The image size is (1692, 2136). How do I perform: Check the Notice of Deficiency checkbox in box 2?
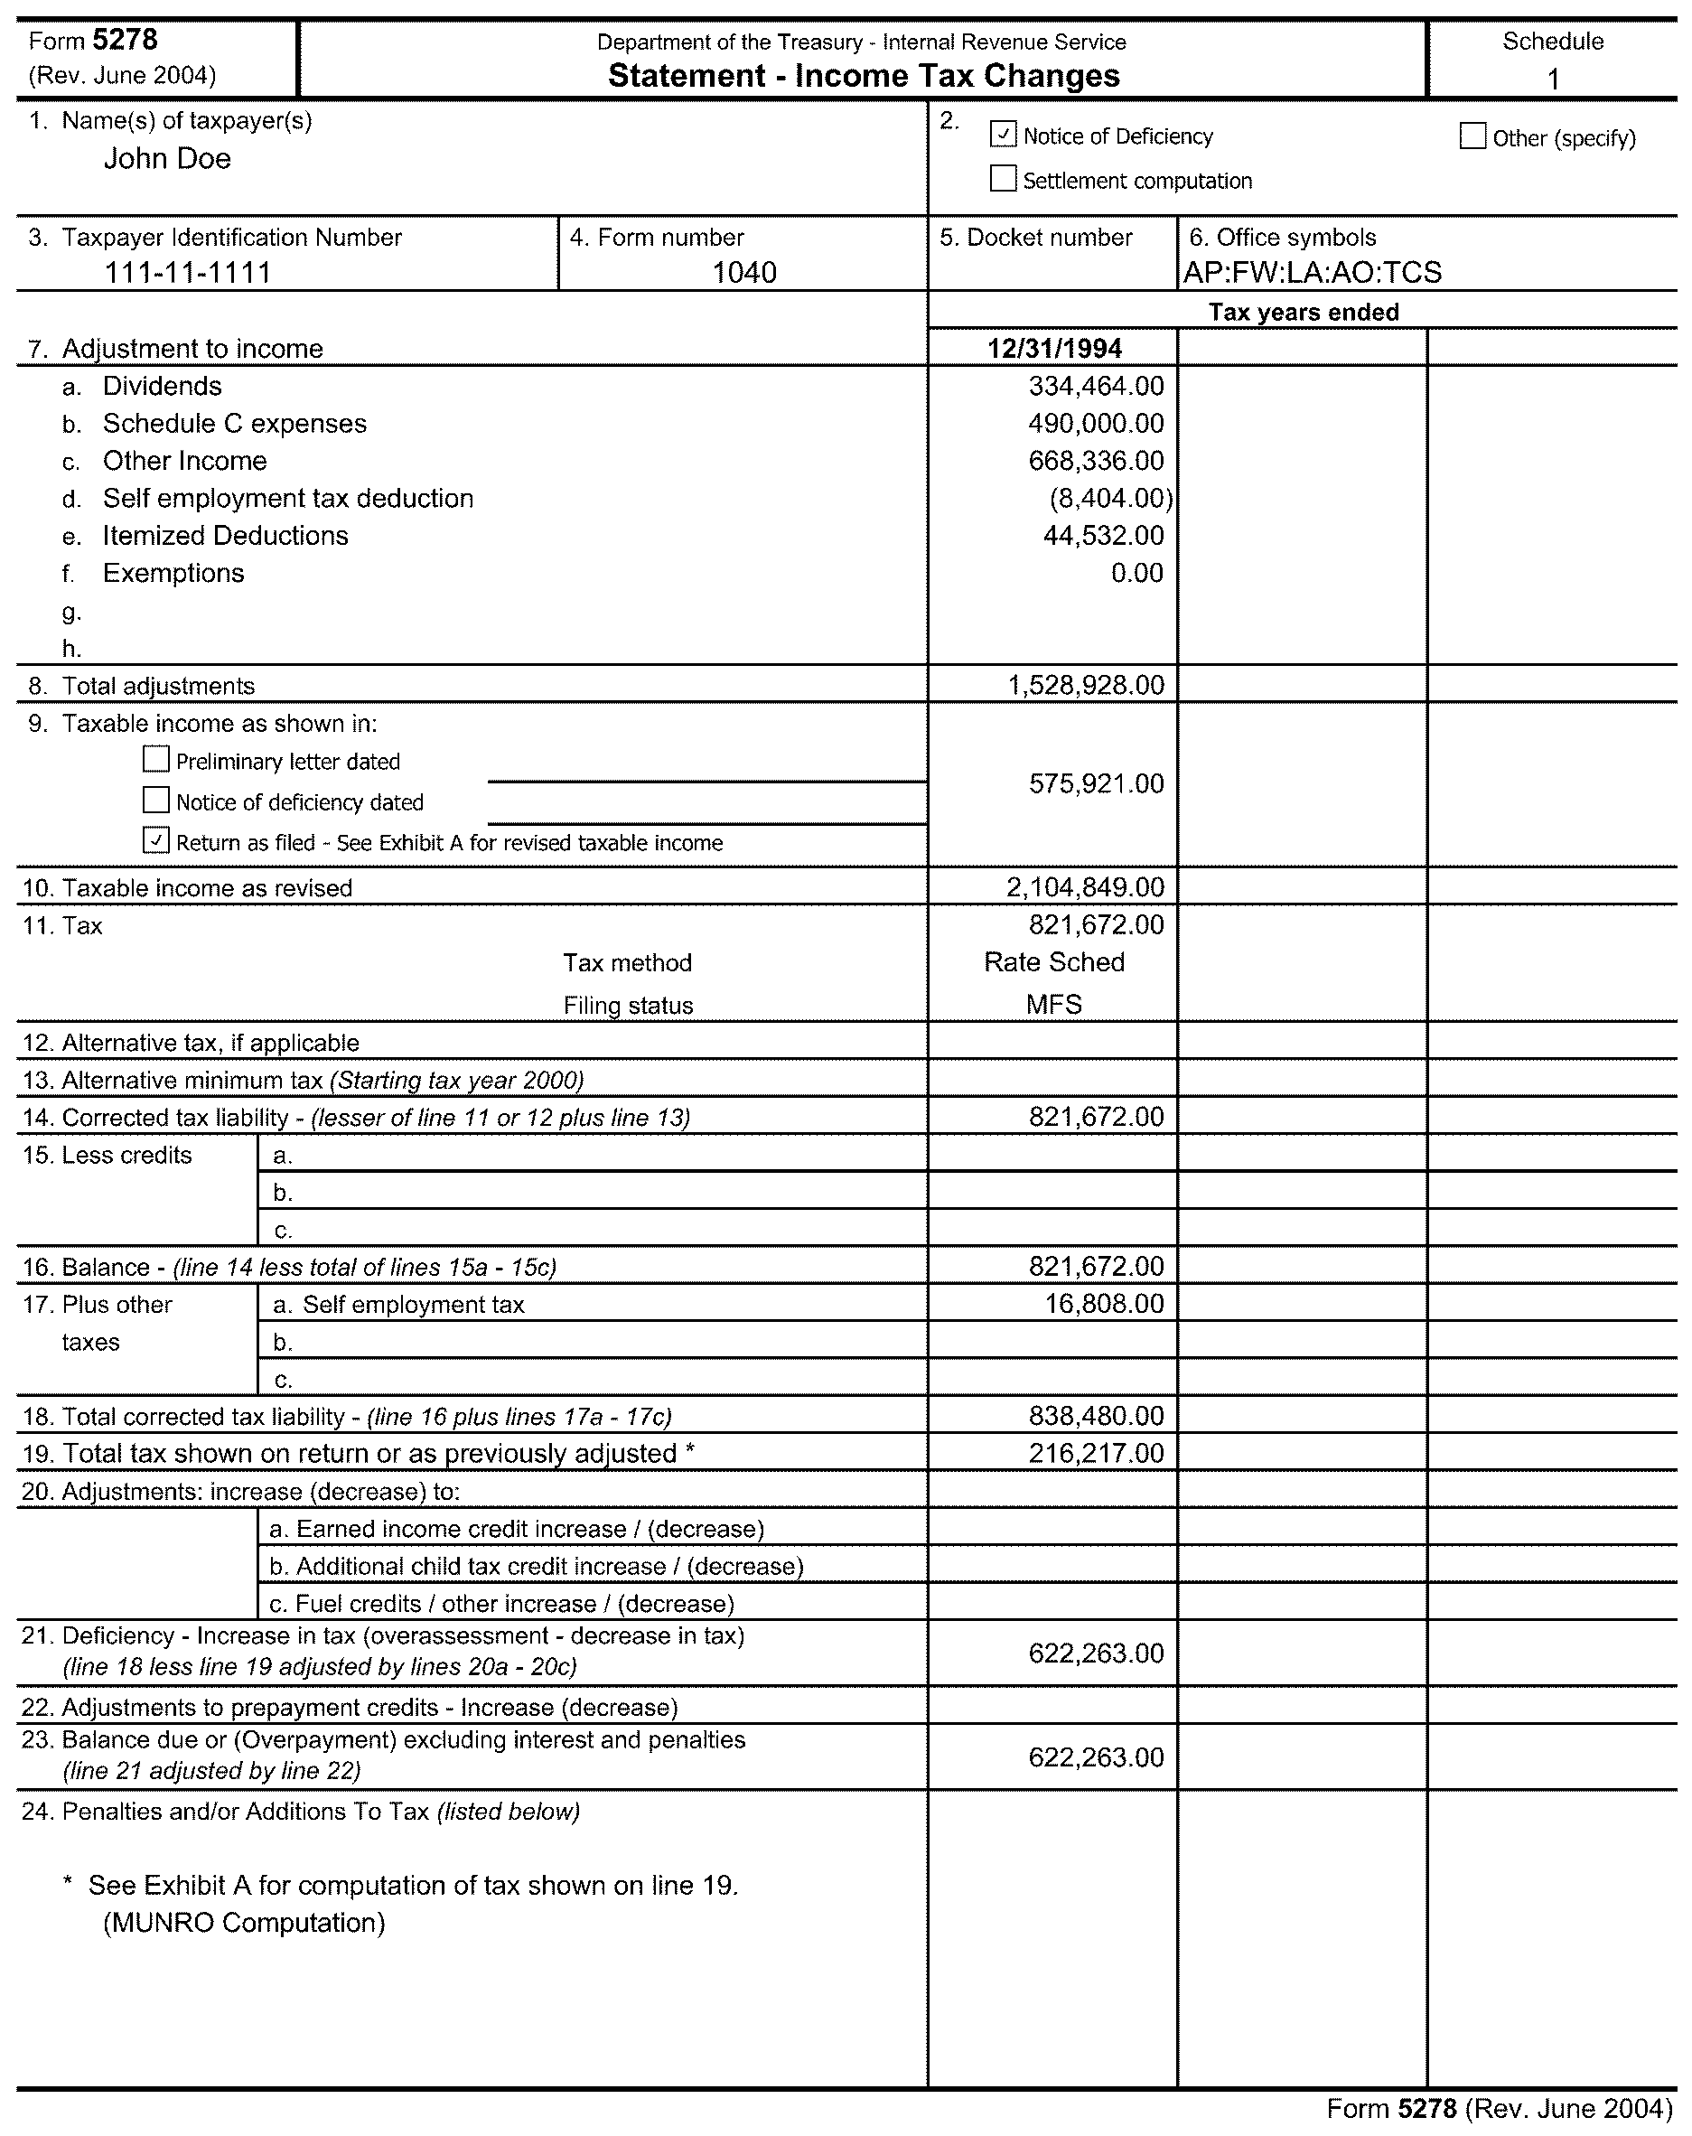point(1003,134)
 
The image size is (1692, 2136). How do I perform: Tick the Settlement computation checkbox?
point(1003,178)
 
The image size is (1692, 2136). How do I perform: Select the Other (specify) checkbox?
point(1472,136)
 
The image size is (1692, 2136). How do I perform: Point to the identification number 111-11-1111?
point(188,273)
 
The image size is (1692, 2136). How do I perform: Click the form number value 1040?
point(744,273)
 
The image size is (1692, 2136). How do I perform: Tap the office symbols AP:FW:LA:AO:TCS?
point(1312,273)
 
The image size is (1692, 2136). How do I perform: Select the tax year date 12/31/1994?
point(1054,349)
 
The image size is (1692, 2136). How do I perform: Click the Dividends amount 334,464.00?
point(1096,386)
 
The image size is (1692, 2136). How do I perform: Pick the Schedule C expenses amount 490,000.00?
point(1096,423)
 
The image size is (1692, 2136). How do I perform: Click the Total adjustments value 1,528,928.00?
point(1086,686)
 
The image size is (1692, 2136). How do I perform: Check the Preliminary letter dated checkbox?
point(155,759)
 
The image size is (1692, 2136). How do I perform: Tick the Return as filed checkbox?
point(155,840)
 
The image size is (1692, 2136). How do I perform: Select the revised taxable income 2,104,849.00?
point(1086,886)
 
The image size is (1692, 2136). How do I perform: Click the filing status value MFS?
point(1054,1005)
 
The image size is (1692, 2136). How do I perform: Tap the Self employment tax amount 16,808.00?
point(1104,1304)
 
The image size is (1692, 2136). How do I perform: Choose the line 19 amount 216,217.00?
point(1096,1454)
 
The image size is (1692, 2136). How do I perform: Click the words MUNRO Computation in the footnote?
point(244,1923)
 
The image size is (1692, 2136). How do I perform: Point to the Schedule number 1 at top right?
point(1552,79)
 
